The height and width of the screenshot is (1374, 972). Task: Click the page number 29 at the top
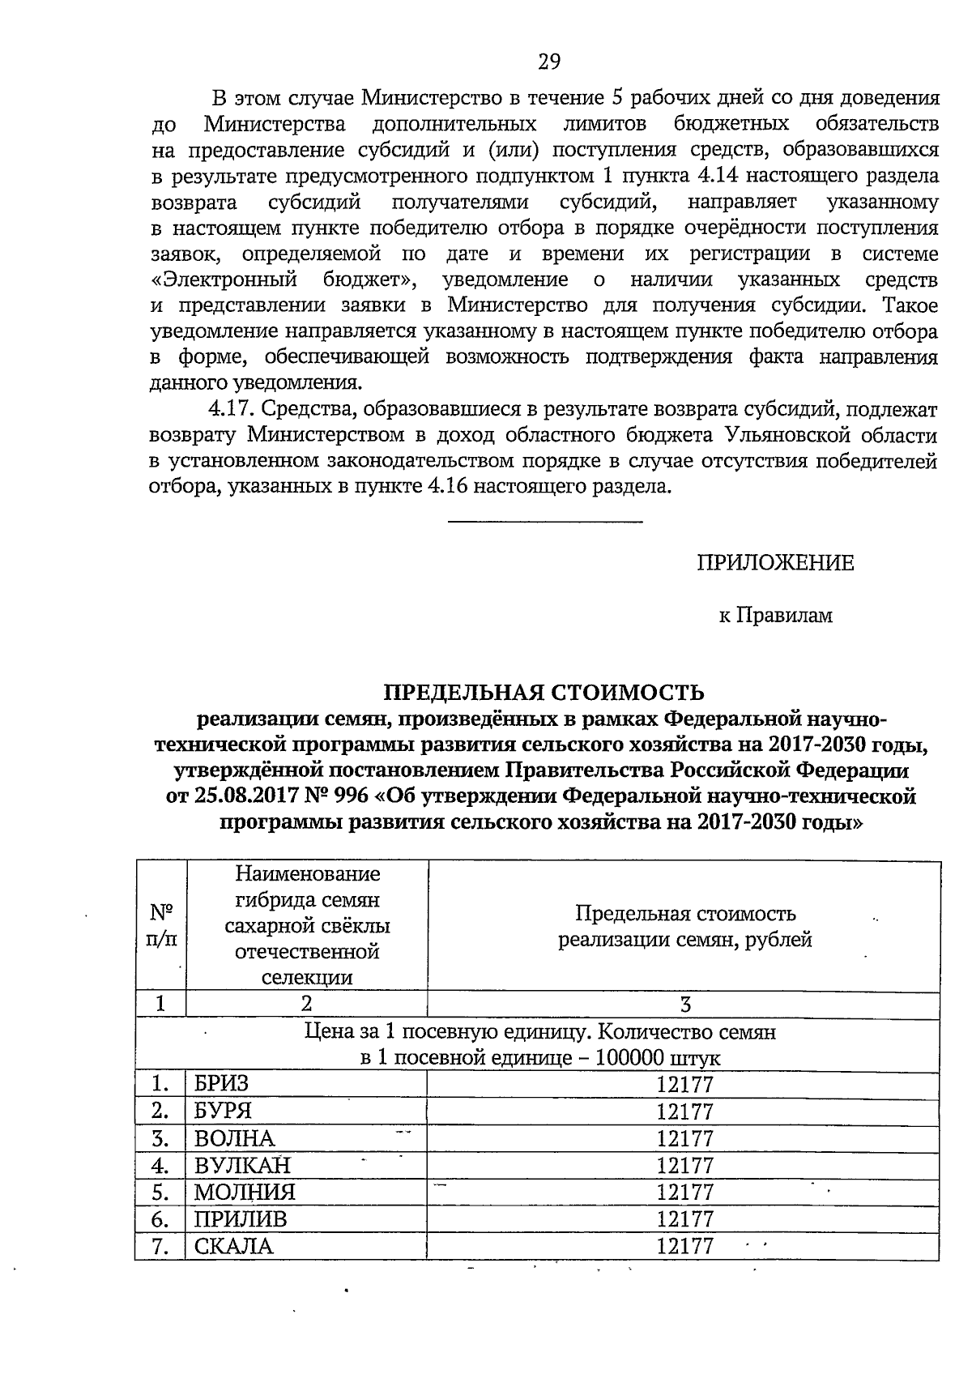click(549, 62)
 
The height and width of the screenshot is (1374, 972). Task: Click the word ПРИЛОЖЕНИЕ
click(775, 563)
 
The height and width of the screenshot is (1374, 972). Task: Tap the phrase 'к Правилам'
click(775, 616)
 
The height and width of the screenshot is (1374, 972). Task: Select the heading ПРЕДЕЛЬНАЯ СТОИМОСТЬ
click(544, 693)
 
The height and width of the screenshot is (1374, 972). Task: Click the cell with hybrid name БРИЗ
click(221, 1085)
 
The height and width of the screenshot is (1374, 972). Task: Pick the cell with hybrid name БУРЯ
click(224, 1112)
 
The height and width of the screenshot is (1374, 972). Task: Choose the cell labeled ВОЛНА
click(235, 1138)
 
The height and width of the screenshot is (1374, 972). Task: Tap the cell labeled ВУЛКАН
click(241, 1165)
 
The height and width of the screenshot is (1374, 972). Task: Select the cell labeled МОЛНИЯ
click(245, 1193)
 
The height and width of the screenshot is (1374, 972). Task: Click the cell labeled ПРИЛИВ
click(241, 1219)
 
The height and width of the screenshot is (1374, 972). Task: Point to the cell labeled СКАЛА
click(234, 1246)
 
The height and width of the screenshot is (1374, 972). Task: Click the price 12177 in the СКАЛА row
click(684, 1246)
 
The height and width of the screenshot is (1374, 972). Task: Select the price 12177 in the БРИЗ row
click(684, 1085)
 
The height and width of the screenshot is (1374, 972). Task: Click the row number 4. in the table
click(160, 1165)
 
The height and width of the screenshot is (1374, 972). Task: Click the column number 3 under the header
click(685, 1005)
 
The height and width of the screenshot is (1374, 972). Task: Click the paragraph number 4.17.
click(232, 409)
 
